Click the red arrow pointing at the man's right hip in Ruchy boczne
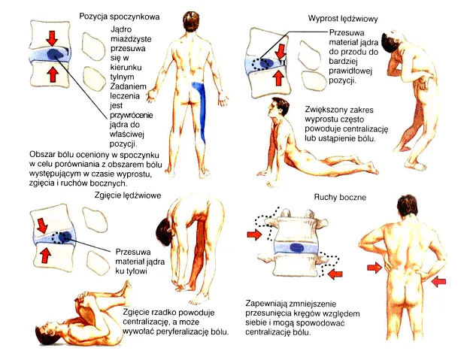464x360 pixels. [x=373, y=268]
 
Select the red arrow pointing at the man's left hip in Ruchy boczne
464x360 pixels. [x=439, y=280]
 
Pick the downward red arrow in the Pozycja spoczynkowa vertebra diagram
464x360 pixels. [x=52, y=37]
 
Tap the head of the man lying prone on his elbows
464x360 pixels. [x=277, y=107]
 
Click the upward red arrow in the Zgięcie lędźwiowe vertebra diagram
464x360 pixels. [x=45, y=255]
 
